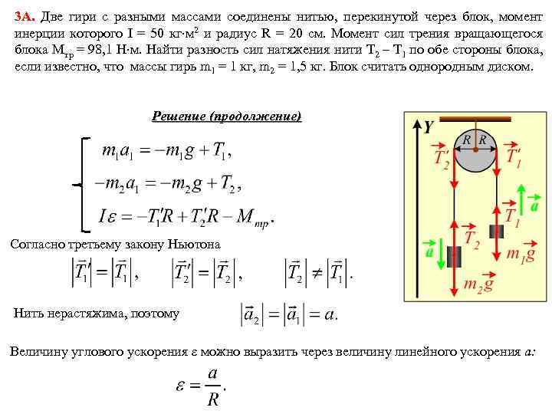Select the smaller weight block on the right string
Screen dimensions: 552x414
[x=496, y=231]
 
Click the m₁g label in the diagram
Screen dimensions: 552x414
[x=521, y=255]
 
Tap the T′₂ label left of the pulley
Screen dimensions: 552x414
[x=442, y=159]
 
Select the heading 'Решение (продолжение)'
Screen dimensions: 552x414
[x=226, y=116]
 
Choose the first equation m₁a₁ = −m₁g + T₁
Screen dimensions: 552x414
[x=166, y=151]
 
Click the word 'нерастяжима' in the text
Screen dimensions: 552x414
[x=90, y=313]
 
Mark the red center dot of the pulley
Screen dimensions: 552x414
[x=475, y=150]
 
